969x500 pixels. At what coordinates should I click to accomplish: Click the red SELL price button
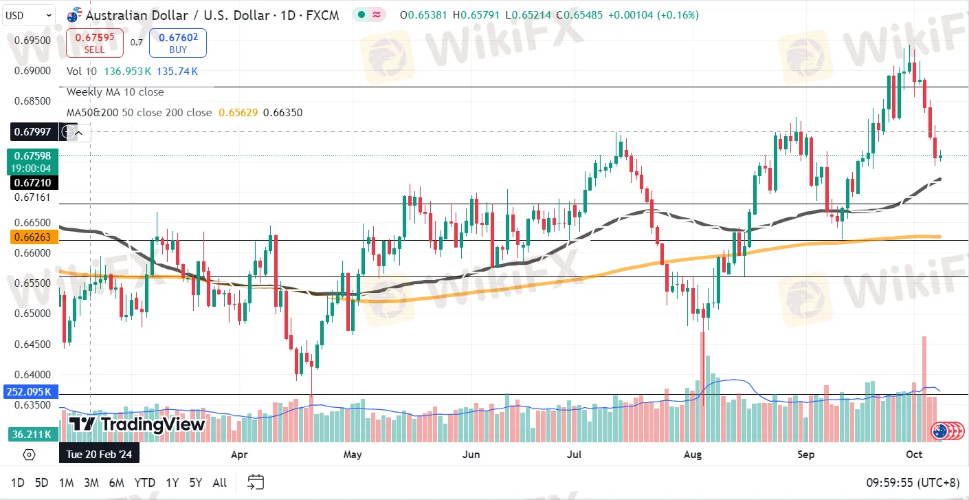(94, 43)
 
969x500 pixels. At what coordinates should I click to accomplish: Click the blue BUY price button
(177, 43)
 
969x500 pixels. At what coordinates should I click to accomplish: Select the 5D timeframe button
(41, 483)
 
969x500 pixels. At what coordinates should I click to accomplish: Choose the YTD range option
(144, 483)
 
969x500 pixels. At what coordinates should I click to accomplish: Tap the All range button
(219, 483)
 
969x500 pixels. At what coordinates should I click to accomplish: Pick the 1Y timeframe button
(172, 483)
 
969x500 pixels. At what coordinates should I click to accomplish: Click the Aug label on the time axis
(693, 454)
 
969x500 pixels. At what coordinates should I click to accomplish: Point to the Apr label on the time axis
(238, 454)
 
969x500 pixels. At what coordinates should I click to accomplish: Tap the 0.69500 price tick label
(33, 40)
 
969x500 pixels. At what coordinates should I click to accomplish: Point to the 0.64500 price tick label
(33, 344)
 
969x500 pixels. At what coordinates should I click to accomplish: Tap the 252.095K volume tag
(30, 392)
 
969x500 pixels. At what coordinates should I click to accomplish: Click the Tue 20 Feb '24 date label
(100, 454)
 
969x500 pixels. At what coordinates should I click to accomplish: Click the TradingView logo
(137, 424)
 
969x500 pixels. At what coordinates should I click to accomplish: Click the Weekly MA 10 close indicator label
(115, 92)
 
